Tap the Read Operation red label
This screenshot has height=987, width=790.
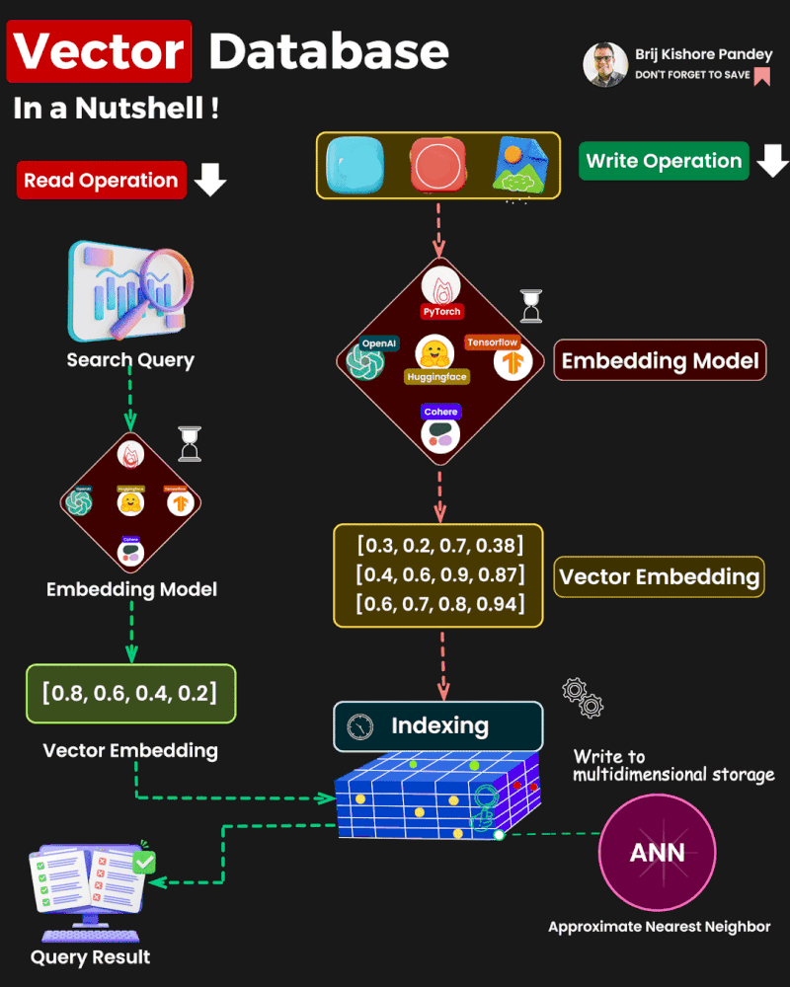101,181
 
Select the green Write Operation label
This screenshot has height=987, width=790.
664,161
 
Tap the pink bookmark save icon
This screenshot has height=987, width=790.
761,76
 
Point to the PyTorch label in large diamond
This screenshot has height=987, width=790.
441,311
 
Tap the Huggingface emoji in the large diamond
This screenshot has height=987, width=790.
435,353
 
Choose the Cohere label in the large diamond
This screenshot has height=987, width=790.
440,412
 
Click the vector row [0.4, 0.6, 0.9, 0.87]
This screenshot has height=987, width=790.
439,574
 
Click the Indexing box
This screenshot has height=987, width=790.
438,726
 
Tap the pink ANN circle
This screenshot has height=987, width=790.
658,852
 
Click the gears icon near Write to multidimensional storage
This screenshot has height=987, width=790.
583,697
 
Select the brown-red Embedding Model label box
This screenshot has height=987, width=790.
661,360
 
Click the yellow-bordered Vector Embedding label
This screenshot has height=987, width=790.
660,576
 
